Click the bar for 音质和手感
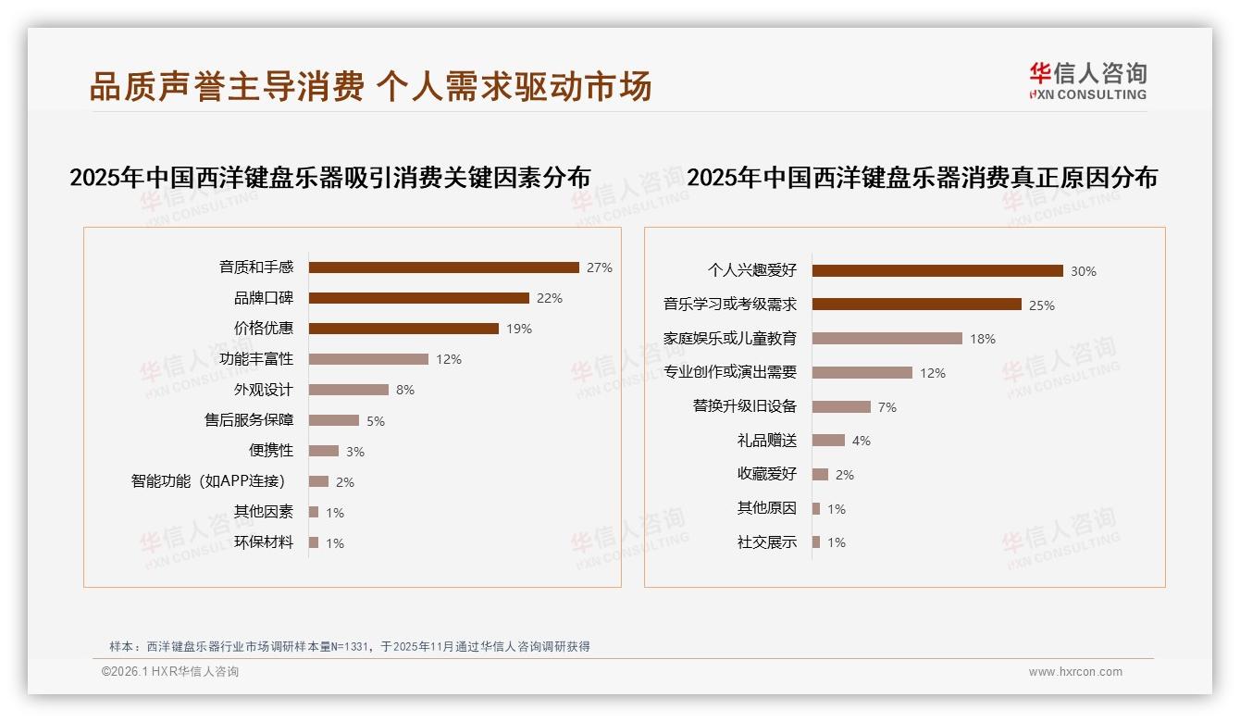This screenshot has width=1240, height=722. (x=443, y=268)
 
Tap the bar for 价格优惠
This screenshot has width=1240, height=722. (x=403, y=329)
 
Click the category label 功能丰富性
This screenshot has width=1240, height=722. (x=256, y=359)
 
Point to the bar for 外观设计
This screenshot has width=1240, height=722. (x=349, y=390)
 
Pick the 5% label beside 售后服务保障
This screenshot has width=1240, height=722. (x=375, y=421)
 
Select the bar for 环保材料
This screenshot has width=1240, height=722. (x=314, y=542)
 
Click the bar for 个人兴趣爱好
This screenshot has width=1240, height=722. (x=937, y=271)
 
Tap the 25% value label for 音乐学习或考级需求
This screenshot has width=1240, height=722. (x=1041, y=305)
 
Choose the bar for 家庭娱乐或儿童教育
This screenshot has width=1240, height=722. (x=887, y=339)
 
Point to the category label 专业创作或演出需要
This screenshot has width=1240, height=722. (x=730, y=373)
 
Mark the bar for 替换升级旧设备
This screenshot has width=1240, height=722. (x=841, y=406)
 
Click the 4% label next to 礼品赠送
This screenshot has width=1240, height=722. (x=861, y=441)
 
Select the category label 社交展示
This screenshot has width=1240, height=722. (x=766, y=542)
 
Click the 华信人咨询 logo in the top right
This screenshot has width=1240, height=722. (x=1087, y=81)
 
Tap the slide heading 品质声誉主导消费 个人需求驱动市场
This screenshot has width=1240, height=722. (x=371, y=86)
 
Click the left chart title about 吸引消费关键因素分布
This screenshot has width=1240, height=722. (x=330, y=178)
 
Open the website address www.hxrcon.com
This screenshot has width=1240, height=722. (x=1075, y=672)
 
